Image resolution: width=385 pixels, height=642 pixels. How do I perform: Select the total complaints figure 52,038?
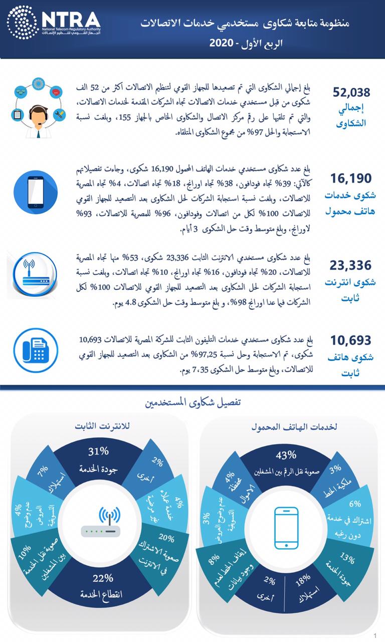[x=351, y=92]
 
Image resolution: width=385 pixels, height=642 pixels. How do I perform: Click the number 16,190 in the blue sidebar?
[x=351, y=179]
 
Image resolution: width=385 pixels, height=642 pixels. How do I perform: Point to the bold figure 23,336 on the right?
[x=351, y=265]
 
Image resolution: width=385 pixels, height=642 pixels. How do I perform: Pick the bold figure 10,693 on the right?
[x=351, y=341]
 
